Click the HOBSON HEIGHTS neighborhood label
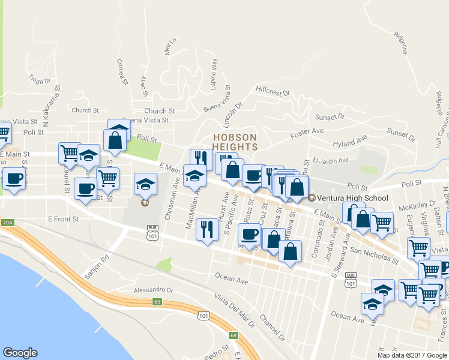(235, 142)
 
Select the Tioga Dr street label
(40, 80)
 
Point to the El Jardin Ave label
(330, 160)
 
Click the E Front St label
(64, 220)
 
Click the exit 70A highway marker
(7, 223)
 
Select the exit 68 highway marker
(234, 335)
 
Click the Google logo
(20, 353)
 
